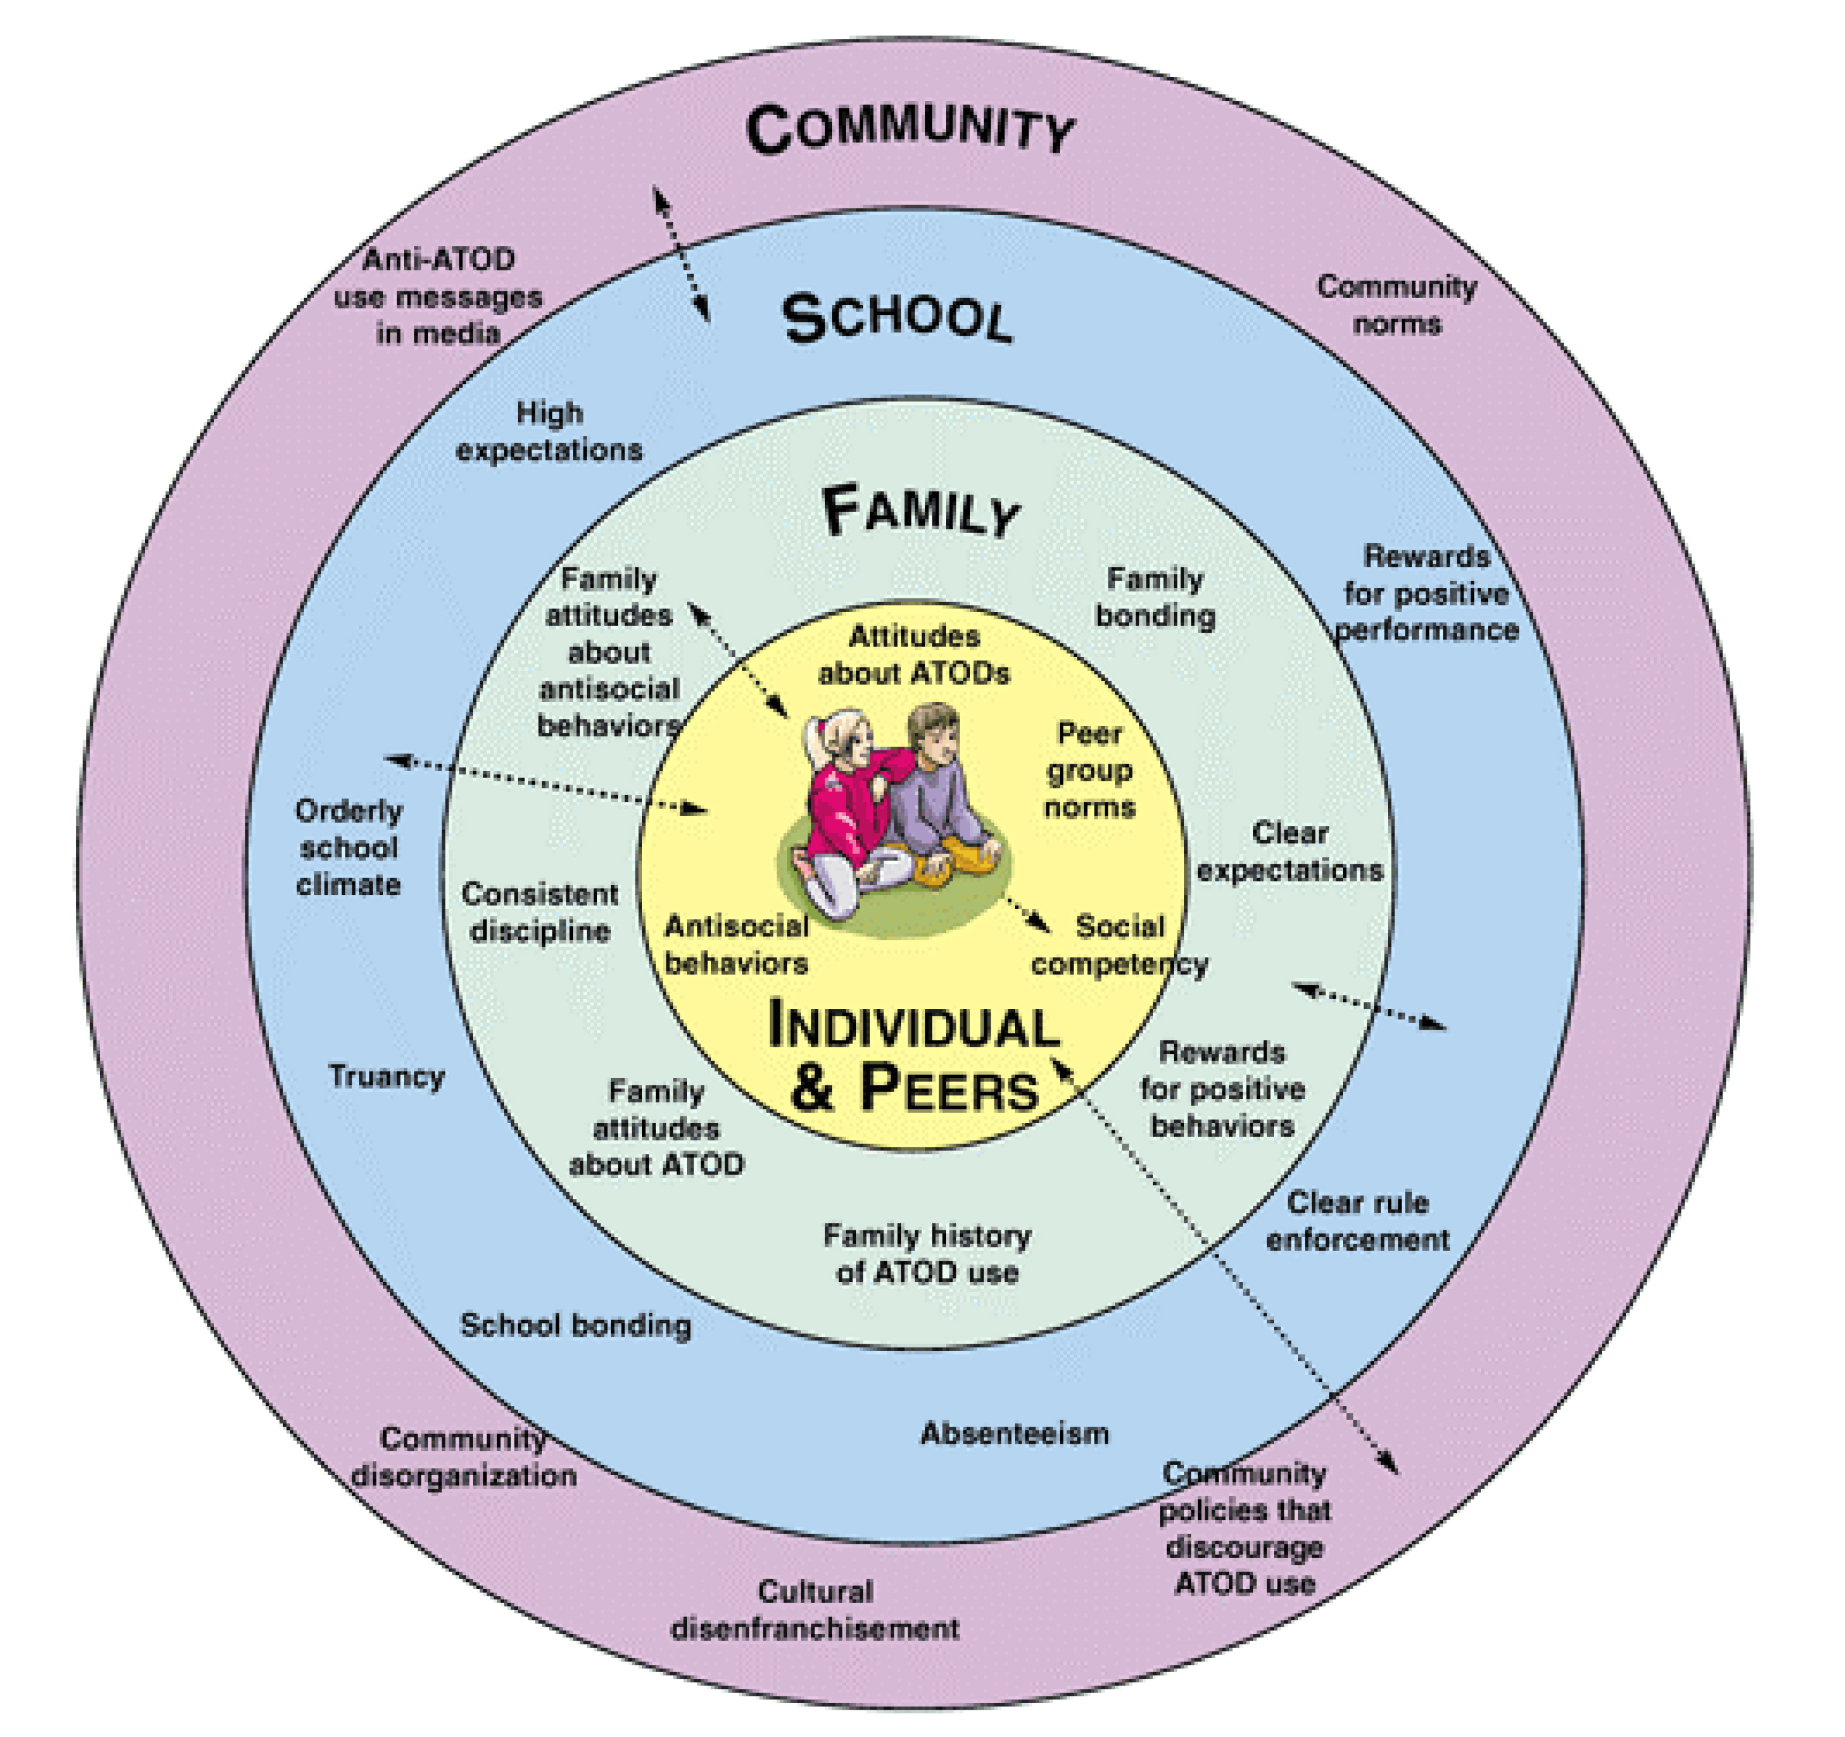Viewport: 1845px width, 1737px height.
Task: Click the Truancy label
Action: point(386,1076)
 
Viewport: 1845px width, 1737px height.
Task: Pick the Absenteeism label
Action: point(1014,1433)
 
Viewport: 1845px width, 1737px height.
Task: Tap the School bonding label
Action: point(575,1325)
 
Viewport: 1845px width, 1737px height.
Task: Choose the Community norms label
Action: point(1397,304)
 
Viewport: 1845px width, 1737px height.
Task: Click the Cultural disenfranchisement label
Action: point(815,1610)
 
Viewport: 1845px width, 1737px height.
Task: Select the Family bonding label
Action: point(1156,596)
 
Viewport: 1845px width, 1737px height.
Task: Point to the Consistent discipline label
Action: point(540,912)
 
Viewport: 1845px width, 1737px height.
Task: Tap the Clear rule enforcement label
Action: point(1357,1221)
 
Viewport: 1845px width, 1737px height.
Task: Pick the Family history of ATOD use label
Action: point(927,1253)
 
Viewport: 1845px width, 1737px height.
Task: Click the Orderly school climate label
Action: point(349,847)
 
